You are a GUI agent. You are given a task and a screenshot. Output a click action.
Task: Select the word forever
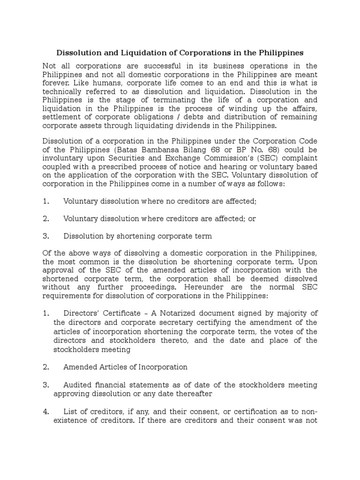pos(57,83)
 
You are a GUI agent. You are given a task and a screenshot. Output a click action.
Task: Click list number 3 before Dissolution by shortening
pos(45,236)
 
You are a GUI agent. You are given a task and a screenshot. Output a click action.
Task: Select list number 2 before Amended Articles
pos(45,367)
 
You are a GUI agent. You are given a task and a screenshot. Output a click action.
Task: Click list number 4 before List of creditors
pos(45,412)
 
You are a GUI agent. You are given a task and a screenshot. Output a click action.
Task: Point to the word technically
pos(63,91)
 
